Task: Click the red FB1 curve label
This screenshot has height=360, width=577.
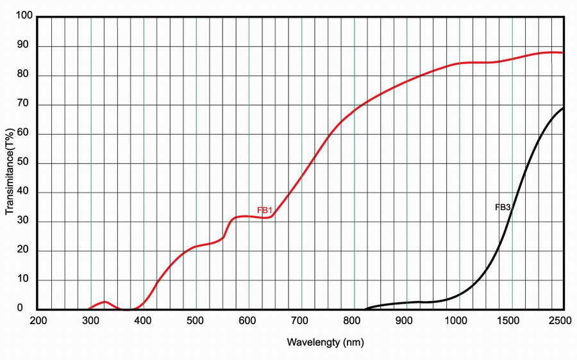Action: tap(265, 210)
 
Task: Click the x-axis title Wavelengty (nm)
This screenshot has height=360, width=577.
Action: tap(325, 342)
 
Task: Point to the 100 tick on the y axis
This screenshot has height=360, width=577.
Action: tap(24, 17)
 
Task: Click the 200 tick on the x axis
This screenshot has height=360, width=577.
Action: tap(38, 321)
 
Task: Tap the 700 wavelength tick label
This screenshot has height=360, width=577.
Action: tap(301, 321)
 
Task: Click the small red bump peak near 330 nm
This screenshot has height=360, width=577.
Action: tap(105, 301)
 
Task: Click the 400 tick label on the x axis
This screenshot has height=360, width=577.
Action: tap(144, 321)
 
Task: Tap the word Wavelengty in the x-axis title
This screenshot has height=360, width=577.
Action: tap(314, 342)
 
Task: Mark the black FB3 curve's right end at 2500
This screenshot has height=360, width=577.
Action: tap(564, 108)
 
